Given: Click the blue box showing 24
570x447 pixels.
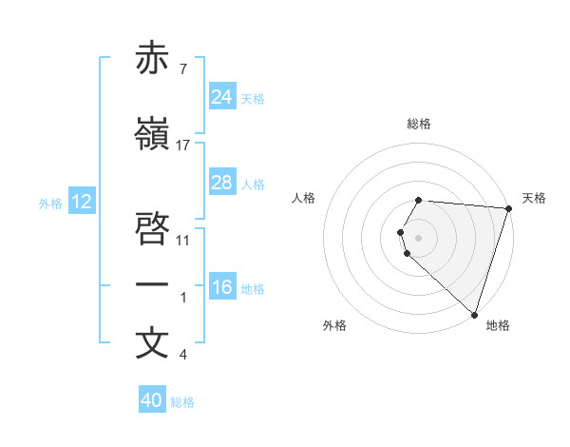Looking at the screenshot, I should (222, 97).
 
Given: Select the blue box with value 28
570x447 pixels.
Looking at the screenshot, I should (222, 183).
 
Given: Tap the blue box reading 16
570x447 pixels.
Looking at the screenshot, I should (222, 287).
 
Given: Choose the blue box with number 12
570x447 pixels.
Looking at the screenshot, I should (82, 202).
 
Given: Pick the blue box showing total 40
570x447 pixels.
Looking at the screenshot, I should (152, 400).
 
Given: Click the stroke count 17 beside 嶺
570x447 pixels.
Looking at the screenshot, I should (183, 146).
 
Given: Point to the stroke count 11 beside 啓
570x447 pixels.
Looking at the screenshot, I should (183, 239).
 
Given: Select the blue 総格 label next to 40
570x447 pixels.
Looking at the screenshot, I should (182, 401).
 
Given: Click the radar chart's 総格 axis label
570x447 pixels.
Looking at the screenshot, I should (419, 124).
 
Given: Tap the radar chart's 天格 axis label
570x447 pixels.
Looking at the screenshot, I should (534, 198).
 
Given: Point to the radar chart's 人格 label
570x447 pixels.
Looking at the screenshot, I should (304, 198).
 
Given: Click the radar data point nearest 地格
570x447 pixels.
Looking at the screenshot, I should (474, 314).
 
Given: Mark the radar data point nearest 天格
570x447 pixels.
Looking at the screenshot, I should (507, 208).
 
